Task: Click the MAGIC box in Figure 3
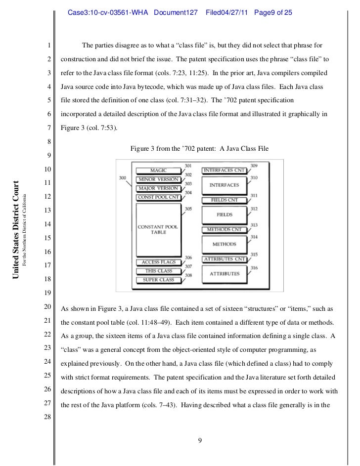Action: pos(158,170)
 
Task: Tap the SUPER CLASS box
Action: pos(158,280)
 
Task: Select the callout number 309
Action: pos(254,165)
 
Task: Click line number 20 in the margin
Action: pos(48,308)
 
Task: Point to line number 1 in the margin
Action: pos(49,46)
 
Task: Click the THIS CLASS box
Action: pos(158,271)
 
